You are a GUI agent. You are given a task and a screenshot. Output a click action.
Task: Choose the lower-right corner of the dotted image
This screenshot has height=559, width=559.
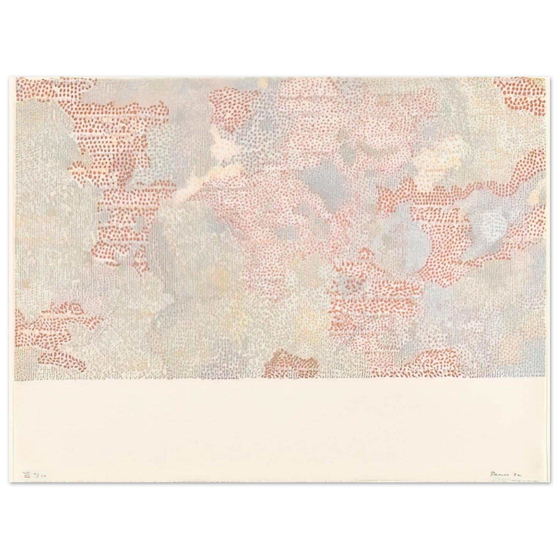(x=545, y=377)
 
